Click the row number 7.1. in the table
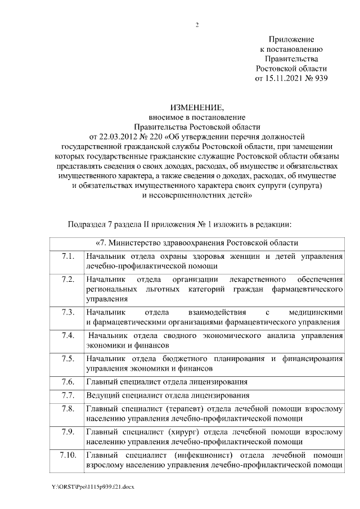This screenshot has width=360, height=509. click(x=68, y=257)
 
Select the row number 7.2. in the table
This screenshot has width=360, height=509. click(x=68, y=280)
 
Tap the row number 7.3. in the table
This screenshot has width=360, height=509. click(x=68, y=312)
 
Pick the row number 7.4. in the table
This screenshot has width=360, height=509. click(x=68, y=336)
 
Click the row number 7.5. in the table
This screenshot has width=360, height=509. click(x=68, y=359)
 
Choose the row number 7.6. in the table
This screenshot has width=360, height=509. click(x=68, y=381)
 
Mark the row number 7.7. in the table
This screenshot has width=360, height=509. click(x=68, y=395)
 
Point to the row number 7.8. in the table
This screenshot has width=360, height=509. click(x=68, y=408)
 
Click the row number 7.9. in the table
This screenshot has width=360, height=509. click(x=68, y=432)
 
